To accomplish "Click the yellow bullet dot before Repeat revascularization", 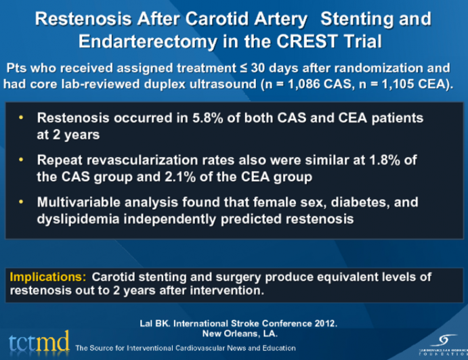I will pyautogui.click(x=21, y=160).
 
